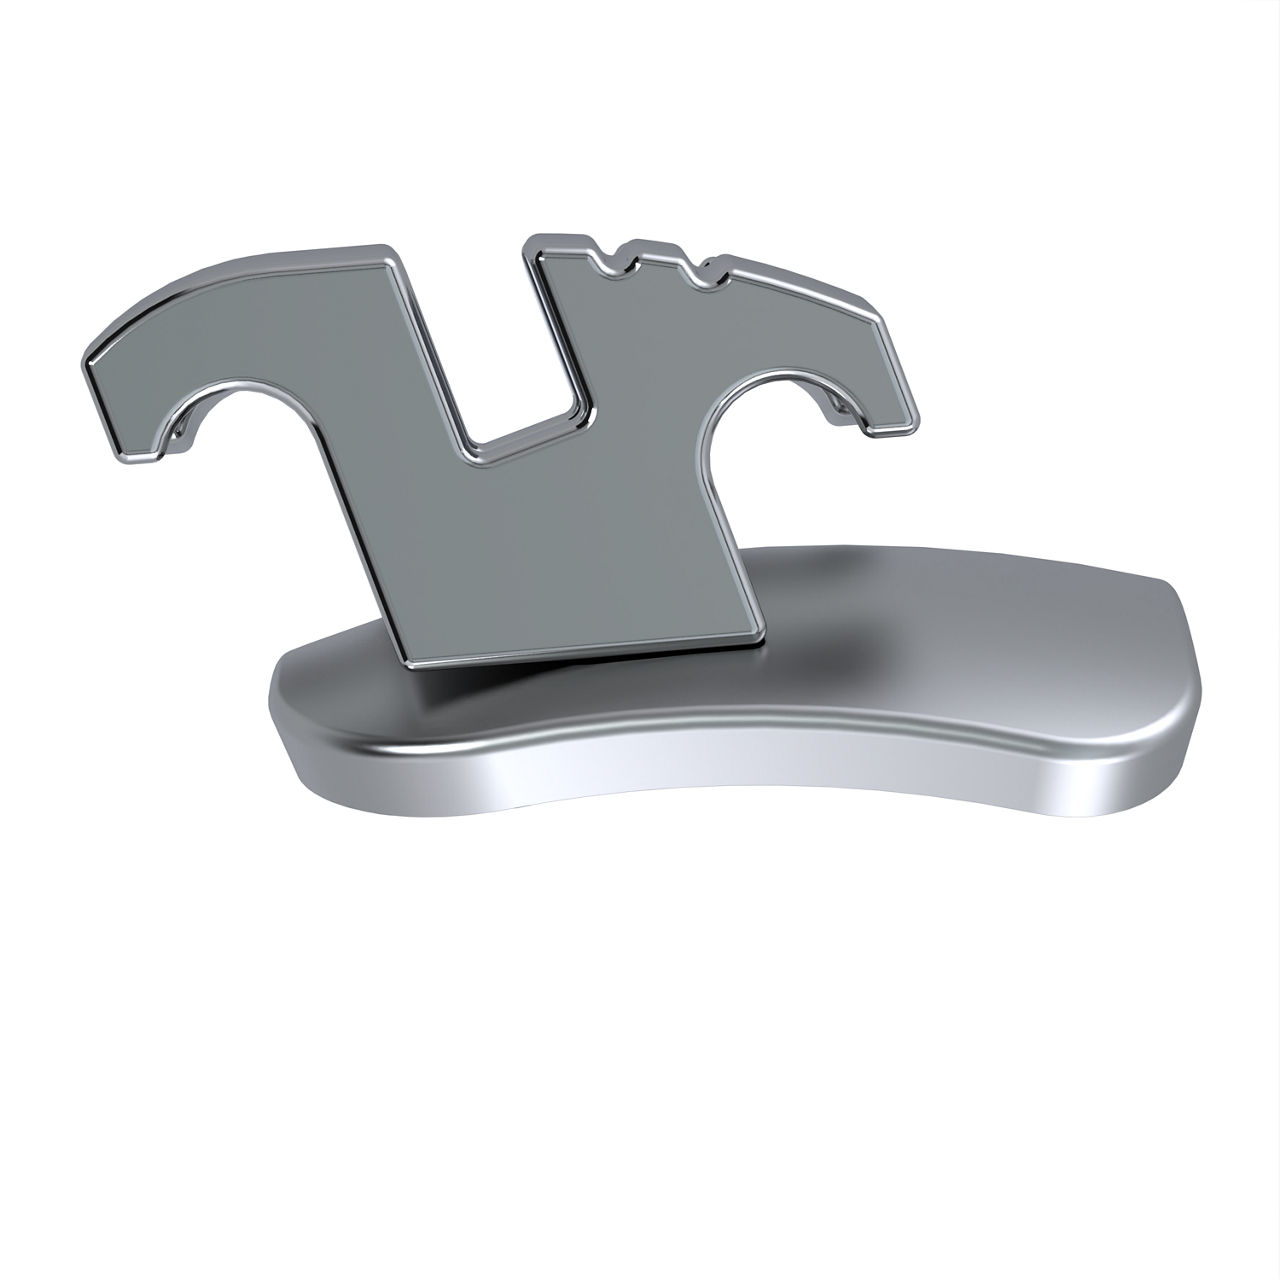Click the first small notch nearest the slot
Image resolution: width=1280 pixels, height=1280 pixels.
point(609,262)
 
